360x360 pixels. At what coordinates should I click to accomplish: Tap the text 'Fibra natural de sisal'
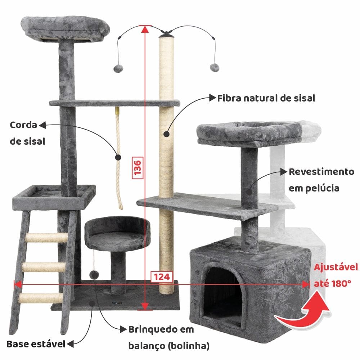[x=266, y=98]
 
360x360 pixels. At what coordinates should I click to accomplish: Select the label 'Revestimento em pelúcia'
[x=321, y=180]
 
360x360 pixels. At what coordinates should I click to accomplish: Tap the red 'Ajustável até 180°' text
[x=336, y=275]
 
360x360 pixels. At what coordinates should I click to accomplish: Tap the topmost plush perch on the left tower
[x=66, y=29]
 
